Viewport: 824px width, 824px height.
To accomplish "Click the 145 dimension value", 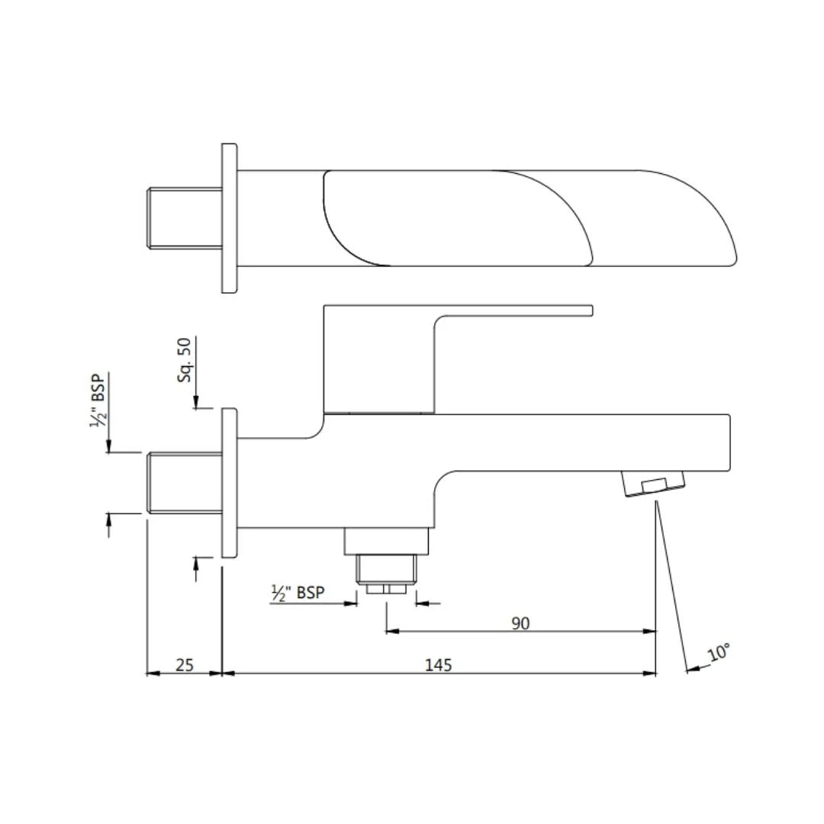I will [438, 665].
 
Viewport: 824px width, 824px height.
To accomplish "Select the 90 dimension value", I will [520, 623].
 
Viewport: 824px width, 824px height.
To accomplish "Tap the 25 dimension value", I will [185, 665].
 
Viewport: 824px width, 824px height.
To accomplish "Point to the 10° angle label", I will [718, 654].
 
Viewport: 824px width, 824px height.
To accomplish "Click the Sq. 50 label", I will [185, 362].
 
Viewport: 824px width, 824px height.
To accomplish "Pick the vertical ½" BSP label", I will [99, 400].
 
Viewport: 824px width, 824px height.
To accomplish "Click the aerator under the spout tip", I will [654, 484].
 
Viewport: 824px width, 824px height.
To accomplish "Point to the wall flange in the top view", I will [229, 217].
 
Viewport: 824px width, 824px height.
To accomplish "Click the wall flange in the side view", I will [229, 482].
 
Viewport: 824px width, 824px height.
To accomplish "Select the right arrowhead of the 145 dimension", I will [650, 674].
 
